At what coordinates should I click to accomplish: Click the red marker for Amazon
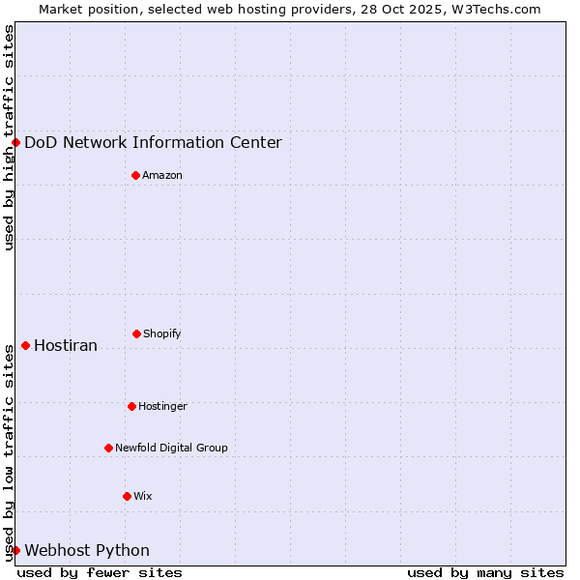click(x=135, y=175)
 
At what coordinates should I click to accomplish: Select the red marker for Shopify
click(x=136, y=333)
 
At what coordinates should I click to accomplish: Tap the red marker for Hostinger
click(x=131, y=406)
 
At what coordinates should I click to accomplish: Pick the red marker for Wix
click(x=127, y=496)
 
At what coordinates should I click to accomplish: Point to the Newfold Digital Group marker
click(x=108, y=448)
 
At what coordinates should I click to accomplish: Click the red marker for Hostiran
click(x=25, y=345)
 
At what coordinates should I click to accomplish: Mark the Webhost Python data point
click(x=15, y=550)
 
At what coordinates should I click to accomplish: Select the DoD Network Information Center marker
click(x=15, y=142)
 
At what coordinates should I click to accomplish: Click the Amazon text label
click(x=162, y=175)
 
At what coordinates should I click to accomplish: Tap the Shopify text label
click(x=162, y=333)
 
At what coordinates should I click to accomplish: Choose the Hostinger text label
click(x=162, y=406)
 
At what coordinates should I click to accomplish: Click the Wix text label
click(x=143, y=496)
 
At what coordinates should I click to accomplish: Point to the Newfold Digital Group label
click(x=171, y=448)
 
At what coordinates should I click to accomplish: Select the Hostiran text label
click(x=66, y=345)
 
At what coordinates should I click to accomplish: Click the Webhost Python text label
click(x=87, y=550)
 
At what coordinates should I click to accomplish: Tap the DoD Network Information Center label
click(x=153, y=142)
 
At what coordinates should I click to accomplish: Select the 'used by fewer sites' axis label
click(x=100, y=572)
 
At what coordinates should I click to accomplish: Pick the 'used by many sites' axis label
click(x=485, y=572)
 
